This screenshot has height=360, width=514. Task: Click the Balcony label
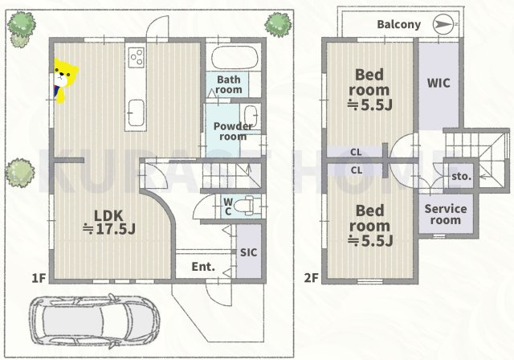coord(398,25)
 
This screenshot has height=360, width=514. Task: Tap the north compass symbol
coord(445,24)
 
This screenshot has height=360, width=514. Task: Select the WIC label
coord(439,84)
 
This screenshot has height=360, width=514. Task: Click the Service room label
coord(446,215)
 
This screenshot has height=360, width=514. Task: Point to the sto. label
coord(461,177)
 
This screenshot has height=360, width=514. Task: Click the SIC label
coord(248,252)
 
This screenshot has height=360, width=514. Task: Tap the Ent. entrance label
coord(203,267)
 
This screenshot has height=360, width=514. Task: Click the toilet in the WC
coord(243,207)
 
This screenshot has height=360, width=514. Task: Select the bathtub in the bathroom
coord(234,57)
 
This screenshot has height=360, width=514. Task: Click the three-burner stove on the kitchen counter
coord(136,57)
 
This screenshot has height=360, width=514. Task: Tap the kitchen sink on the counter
coord(136,112)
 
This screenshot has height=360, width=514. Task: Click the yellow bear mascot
coord(65,80)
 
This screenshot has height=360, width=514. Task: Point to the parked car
coord(95,321)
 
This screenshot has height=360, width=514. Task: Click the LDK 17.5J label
coord(109,223)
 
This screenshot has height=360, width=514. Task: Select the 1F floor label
coord(39,278)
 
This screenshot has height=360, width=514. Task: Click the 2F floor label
coord(311,278)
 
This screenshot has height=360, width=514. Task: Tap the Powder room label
coord(233,131)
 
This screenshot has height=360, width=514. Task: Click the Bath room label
coord(229,84)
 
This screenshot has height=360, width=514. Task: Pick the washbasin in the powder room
coord(251,116)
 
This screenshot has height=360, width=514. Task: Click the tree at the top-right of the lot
coord(278,24)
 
